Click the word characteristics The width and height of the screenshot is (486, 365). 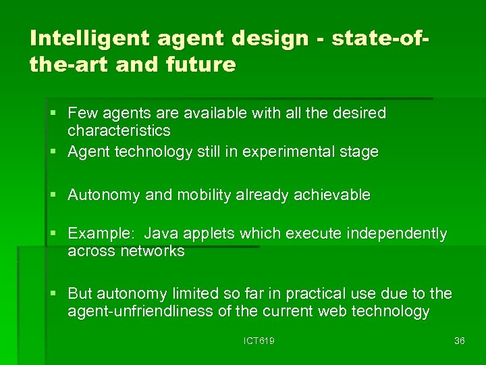coord(119,130)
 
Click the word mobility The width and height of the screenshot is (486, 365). coord(204,195)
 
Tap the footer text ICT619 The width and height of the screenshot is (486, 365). coord(259,341)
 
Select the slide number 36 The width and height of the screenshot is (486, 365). coord(460,341)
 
